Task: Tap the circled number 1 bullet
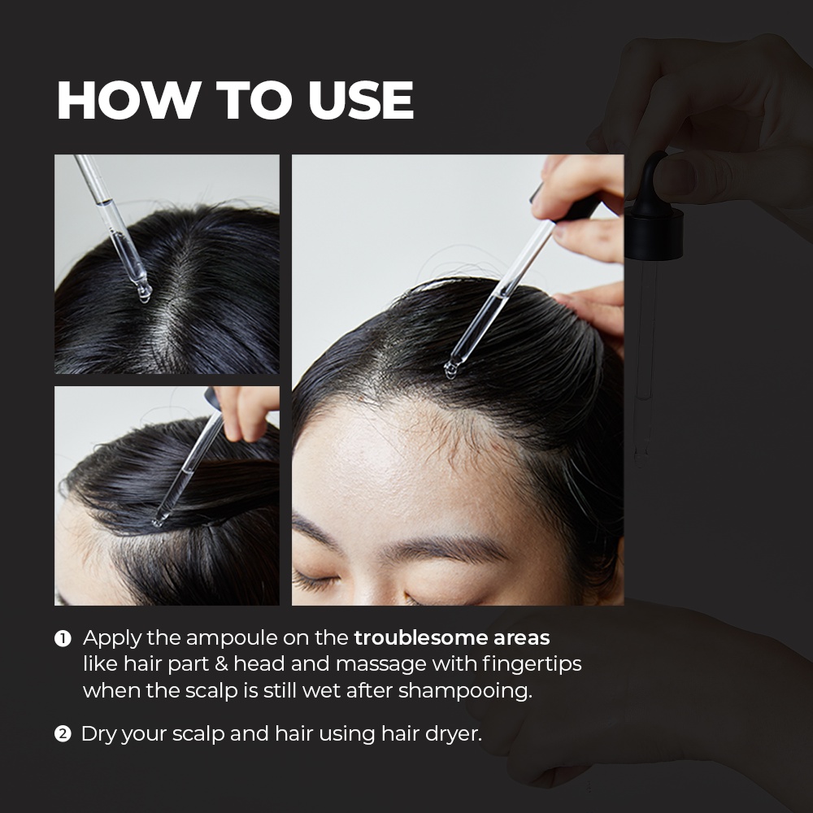pyautogui.click(x=63, y=639)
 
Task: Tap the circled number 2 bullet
pyautogui.click(x=63, y=735)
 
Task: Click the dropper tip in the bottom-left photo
pyautogui.click(x=158, y=520)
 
